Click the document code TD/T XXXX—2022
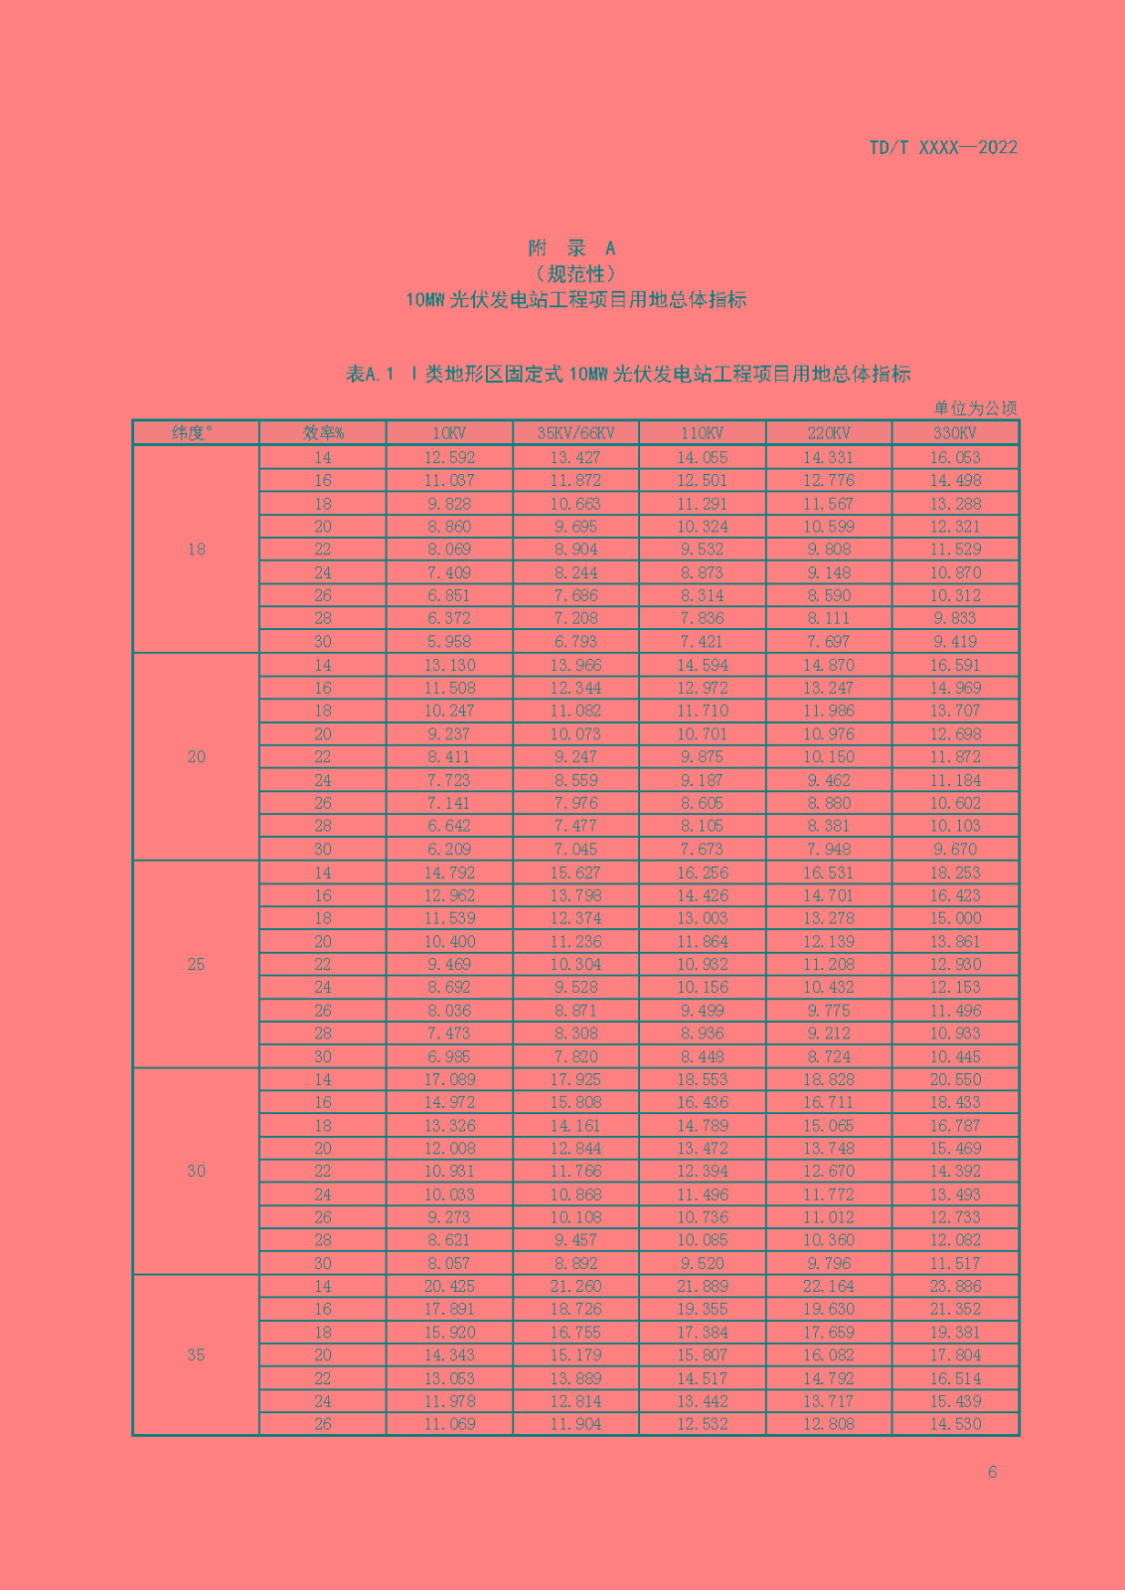click(x=942, y=148)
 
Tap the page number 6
click(x=992, y=1472)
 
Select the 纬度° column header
click(x=195, y=433)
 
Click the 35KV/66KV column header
click(x=575, y=433)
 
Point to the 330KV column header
click(x=955, y=433)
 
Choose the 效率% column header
click(x=323, y=433)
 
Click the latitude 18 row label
click(x=196, y=550)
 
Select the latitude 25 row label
click(x=196, y=964)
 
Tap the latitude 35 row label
click(x=196, y=1355)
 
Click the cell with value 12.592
click(x=449, y=458)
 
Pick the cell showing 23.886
click(x=955, y=1286)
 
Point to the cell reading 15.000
click(x=955, y=918)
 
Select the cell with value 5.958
click(x=449, y=642)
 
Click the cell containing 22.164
click(x=829, y=1286)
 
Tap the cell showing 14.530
click(x=955, y=1424)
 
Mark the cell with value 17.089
click(x=449, y=1079)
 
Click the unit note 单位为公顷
click(x=975, y=408)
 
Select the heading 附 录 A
click(x=571, y=248)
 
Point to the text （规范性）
click(x=575, y=273)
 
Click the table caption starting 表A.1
click(x=628, y=375)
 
